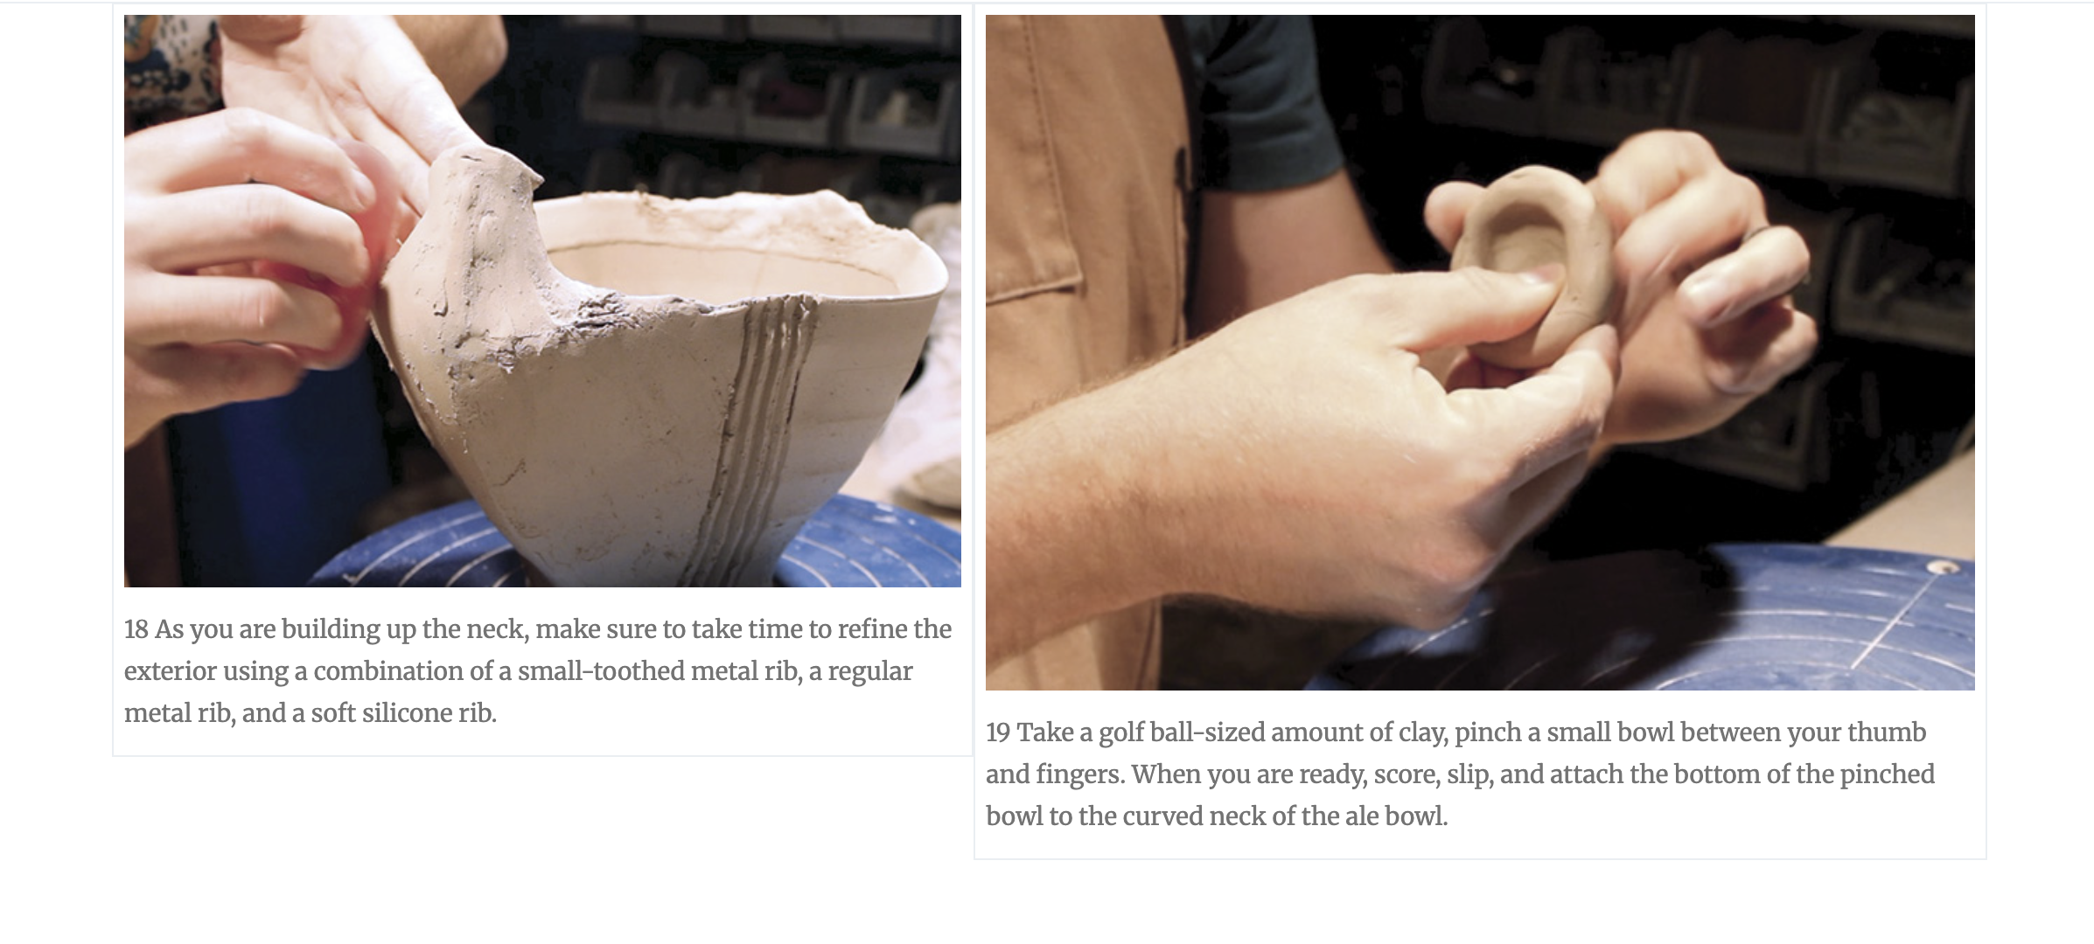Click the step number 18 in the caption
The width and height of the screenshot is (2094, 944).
tap(136, 629)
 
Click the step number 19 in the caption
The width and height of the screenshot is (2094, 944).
tap(998, 732)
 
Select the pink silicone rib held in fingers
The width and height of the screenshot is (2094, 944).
tap(367, 253)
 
